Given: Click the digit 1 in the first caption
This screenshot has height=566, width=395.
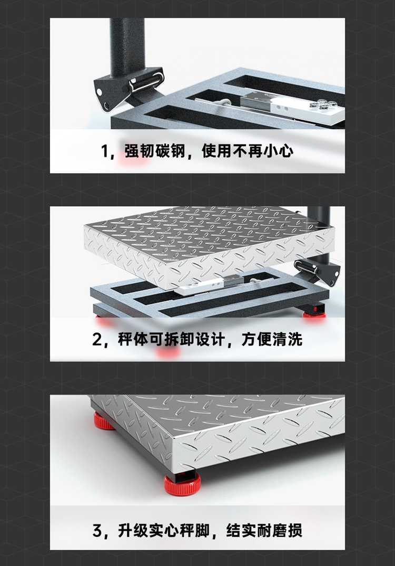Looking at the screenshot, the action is click(104, 151).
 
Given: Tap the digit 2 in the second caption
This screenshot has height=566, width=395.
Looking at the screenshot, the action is click(97, 340).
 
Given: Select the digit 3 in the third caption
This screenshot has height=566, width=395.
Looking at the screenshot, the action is click(97, 531).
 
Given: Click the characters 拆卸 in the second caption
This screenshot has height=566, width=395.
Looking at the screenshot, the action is click(179, 339).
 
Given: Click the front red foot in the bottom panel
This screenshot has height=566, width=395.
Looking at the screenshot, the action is click(182, 484).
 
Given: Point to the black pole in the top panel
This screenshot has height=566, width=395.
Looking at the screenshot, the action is click(127, 47).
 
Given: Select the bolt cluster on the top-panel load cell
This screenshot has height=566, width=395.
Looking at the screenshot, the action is click(323, 104).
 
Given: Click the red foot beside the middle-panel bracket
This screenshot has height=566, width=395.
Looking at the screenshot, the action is click(314, 313).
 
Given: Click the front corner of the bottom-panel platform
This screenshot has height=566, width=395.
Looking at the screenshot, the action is click(172, 439).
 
